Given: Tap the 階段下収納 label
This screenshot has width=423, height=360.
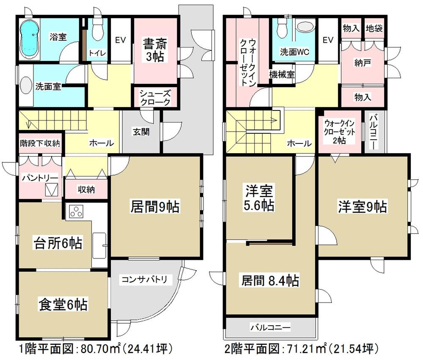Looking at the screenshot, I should pos(40,143).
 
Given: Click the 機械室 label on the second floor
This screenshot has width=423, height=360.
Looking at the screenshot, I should pos(282,74).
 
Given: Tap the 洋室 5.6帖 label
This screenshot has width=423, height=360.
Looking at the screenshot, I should pos(259,198).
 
